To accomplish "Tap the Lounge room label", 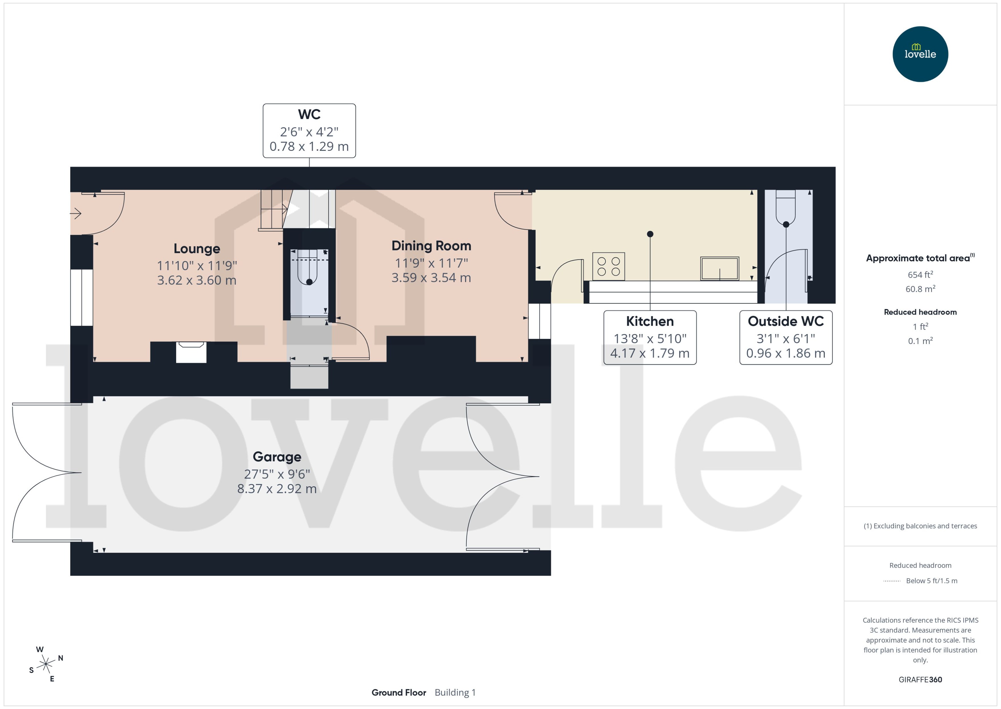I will point(197,248).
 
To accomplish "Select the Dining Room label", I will point(431,246).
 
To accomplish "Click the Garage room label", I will point(277,457).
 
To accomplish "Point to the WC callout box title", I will point(309,114).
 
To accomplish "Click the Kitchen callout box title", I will point(650,321).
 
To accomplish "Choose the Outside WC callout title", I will point(786,321).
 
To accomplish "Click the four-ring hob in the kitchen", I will point(608,266).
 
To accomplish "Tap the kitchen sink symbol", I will point(719,268).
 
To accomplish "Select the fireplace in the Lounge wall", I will point(191,352).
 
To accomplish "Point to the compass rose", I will point(46,664).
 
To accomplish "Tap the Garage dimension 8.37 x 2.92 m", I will point(277,489).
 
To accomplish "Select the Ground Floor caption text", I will point(399,692).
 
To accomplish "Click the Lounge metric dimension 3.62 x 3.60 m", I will point(197,280).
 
